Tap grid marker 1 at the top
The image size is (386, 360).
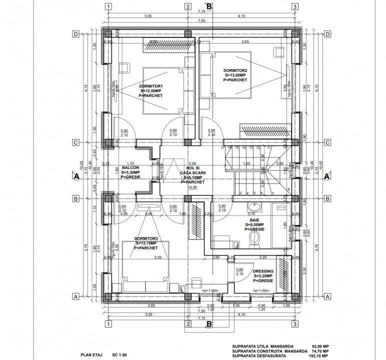click(107, 6)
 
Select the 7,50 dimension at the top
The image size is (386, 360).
click(201, 20)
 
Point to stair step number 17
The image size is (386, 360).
click(222, 148)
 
